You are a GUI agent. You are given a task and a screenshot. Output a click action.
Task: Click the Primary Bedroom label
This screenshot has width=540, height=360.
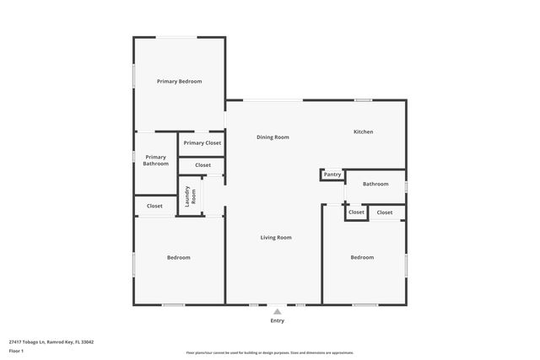click(180, 81)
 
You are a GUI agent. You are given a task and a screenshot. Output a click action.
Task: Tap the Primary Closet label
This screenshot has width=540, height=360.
click(202, 143)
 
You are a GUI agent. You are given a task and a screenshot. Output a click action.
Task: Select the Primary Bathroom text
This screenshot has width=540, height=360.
click(155, 160)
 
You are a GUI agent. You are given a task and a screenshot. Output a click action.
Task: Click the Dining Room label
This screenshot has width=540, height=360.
click(273, 137)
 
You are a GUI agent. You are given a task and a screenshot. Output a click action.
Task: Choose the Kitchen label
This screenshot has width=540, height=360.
click(363, 132)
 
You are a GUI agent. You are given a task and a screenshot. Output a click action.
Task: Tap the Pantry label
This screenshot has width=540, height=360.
click(332, 175)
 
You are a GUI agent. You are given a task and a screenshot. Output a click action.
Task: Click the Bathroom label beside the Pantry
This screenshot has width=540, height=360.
click(375, 184)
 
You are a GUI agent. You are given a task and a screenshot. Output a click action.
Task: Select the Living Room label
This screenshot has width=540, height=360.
click(275, 238)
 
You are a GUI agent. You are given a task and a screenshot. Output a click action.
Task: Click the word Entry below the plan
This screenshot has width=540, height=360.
click(278, 320)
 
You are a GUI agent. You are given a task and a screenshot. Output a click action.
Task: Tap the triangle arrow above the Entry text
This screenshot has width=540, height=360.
click(277, 311)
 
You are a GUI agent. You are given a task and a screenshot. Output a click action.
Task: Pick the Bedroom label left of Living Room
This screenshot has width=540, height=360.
click(178, 257)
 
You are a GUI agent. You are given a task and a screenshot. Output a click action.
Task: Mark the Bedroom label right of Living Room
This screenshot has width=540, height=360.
click(362, 257)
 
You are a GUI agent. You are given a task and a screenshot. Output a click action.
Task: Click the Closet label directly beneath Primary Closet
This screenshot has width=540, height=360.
click(202, 165)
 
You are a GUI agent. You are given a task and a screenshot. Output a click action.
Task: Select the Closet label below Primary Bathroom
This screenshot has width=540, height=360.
click(154, 206)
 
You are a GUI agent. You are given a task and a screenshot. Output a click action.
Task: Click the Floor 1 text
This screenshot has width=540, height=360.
click(16, 351)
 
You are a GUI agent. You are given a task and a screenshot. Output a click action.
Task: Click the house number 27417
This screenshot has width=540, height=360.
click(16, 341)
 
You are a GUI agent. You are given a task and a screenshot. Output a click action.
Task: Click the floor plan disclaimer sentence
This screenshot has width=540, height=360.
click(270, 352)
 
